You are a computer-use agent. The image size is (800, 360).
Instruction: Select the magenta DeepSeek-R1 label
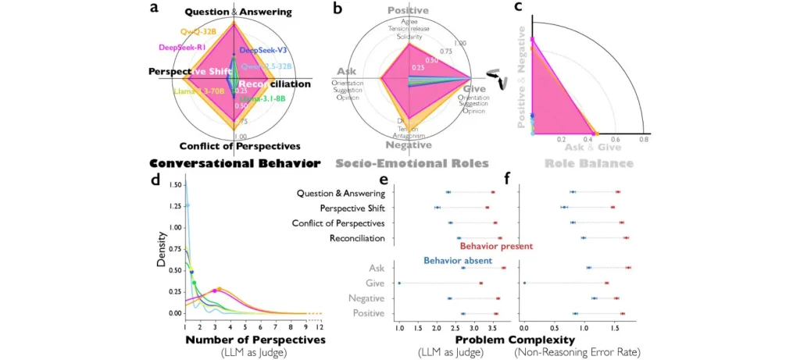181,47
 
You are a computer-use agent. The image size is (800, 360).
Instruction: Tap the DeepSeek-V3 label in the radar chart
262,50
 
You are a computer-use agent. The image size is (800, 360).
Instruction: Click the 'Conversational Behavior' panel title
234,164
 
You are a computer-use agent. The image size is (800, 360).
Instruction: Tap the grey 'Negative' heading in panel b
409,144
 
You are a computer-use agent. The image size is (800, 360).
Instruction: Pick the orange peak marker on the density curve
220,289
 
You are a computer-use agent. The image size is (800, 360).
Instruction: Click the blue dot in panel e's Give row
399,283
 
